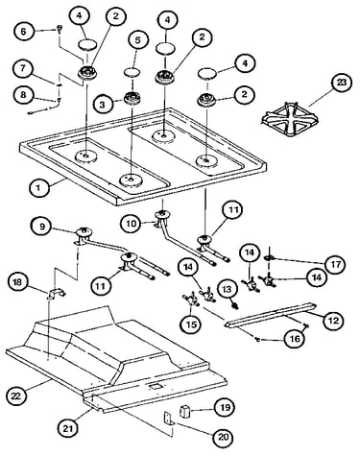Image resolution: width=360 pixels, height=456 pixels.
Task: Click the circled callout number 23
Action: [342, 83]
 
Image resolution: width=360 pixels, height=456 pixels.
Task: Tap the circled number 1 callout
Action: [38, 187]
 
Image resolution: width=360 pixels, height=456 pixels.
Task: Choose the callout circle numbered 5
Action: [138, 40]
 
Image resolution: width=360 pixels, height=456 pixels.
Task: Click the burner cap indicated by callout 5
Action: [132, 72]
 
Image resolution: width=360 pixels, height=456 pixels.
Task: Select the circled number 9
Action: [42, 227]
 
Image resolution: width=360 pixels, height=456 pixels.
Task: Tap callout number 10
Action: [131, 223]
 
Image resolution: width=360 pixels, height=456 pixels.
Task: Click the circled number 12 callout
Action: [333, 320]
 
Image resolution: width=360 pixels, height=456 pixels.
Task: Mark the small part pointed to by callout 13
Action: [236, 305]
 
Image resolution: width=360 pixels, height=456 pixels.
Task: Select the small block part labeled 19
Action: [184, 411]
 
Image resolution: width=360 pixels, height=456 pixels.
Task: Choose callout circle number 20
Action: [224, 437]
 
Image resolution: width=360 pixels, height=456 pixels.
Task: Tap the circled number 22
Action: [16, 396]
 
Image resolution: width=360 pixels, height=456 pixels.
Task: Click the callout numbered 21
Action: [68, 428]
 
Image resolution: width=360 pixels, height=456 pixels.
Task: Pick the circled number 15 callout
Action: [192, 324]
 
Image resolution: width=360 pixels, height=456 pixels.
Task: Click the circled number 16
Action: [295, 338]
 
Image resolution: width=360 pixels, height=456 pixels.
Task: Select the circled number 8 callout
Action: [23, 95]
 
